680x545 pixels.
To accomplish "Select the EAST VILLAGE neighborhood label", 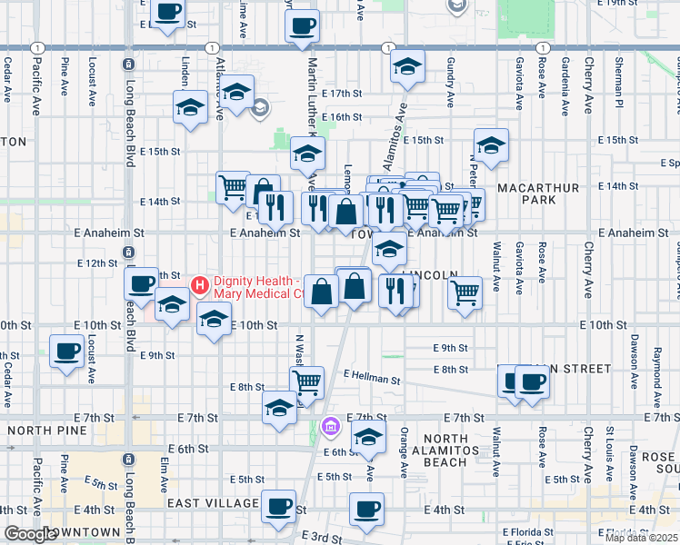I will [x=213, y=502].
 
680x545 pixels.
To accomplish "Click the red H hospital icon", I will [x=201, y=285].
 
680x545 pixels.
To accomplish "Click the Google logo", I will [x=30, y=535].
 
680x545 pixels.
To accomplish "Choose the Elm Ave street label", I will [x=165, y=470].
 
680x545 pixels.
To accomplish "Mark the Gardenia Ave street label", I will [x=565, y=88].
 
